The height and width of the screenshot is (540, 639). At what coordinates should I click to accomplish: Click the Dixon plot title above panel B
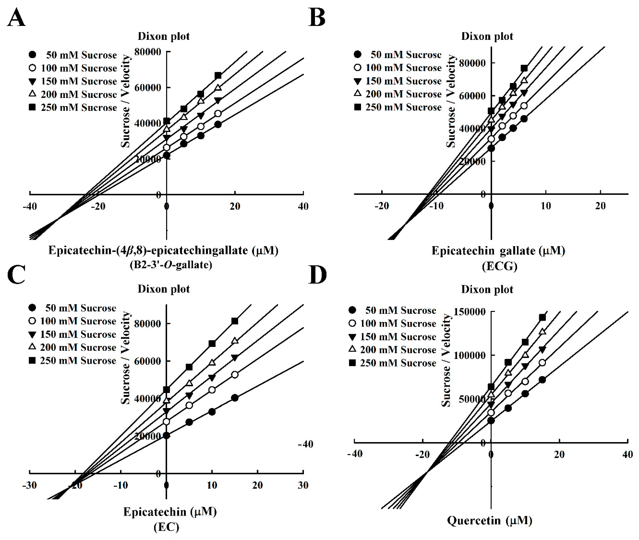(487, 36)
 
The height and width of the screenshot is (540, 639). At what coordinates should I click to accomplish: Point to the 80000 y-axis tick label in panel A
(149, 52)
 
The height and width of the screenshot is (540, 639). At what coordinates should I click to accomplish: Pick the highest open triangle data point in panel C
(235, 341)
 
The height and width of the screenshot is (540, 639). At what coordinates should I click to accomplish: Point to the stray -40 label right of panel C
(305, 444)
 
